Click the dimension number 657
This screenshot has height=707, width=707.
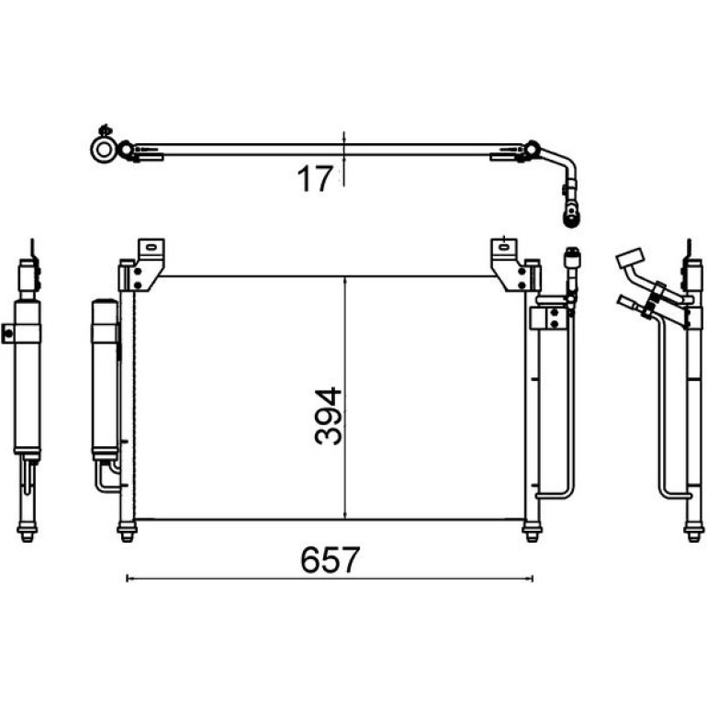[x=330, y=560]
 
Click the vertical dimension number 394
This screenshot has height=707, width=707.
[x=329, y=416]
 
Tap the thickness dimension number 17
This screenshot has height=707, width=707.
[x=315, y=178]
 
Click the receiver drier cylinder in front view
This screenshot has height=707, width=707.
[x=105, y=379]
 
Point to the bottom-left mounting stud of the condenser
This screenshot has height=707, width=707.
[x=127, y=532]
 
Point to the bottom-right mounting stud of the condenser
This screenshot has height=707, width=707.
[x=532, y=532]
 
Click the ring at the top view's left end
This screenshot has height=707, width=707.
[x=104, y=150]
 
